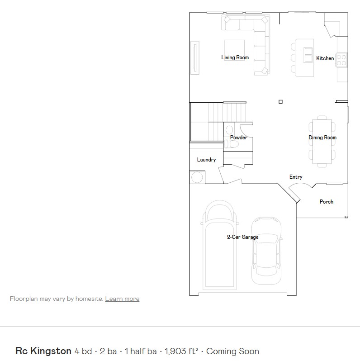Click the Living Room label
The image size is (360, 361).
coord(235,57)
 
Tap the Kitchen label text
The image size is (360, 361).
coord(325,58)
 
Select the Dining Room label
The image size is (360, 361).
coord(322,138)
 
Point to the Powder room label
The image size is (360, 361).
coord(238,138)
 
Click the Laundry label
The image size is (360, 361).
coord(206,160)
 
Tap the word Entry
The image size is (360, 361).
coord(296,177)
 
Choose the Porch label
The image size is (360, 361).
coord(327,202)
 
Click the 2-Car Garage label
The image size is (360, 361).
coord(243,237)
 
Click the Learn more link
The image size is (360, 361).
coord(122,299)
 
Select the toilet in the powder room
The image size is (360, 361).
coord(232,144)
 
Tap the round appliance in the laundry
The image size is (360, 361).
coord(197,177)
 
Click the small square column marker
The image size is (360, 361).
coord(280,102)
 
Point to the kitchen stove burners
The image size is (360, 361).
coord(342,60)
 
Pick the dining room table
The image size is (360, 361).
coord(322,141)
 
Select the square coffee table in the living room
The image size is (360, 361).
coord(234,49)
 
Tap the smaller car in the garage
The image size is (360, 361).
coord(266,250)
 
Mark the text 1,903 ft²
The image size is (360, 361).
coord(181,351)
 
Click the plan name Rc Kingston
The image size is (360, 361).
coord(43,351)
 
